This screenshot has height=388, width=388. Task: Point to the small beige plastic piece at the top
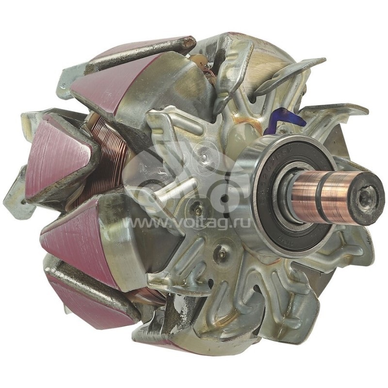coord(199,61)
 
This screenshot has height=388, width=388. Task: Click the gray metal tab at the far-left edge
coord(17,194)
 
